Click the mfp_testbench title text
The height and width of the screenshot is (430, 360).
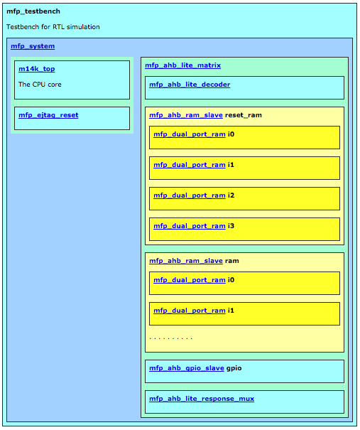[33, 11]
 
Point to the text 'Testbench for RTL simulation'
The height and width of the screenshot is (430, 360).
[53, 27]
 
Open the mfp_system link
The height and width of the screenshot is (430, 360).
[33, 46]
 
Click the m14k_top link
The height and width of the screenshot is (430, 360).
[37, 69]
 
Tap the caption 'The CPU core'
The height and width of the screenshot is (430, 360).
[40, 85]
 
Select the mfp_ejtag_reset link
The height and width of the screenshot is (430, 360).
[48, 115]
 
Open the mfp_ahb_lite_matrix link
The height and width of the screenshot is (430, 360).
[182, 65]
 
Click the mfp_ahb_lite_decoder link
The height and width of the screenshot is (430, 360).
[190, 85]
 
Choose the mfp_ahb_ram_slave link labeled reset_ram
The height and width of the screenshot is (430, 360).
[186, 115]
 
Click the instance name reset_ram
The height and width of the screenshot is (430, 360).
[244, 115]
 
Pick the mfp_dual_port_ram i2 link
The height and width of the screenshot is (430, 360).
[190, 195]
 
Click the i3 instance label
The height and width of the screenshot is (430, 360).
[231, 226]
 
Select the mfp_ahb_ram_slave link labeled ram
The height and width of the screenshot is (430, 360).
[186, 261]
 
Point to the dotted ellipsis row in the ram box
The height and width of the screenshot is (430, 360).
[170, 338]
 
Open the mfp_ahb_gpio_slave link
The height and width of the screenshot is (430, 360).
[187, 368]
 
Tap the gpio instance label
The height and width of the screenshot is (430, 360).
[234, 368]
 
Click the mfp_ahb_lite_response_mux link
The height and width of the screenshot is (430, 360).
[202, 399]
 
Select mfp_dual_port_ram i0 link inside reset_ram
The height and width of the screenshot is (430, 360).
[190, 134]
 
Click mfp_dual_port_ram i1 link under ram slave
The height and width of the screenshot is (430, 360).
[190, 311]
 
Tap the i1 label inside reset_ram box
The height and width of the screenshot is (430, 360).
[231, 165]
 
